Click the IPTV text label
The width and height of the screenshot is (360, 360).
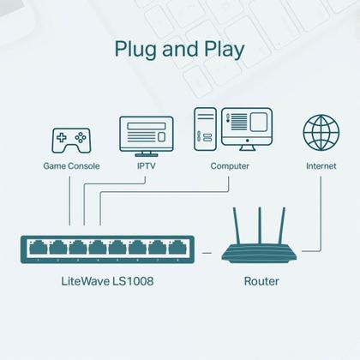[147, 166]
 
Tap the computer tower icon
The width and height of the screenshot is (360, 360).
[206, 130]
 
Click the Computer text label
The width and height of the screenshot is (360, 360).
[230, 166]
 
